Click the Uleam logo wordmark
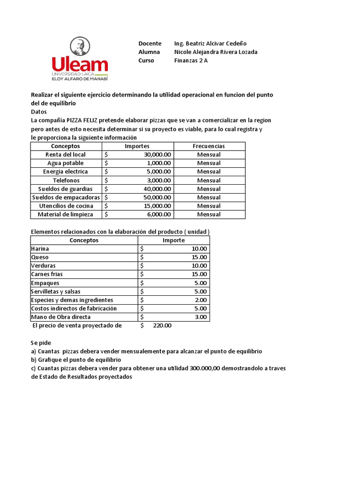(80, 64)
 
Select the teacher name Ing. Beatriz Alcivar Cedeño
(210, 43)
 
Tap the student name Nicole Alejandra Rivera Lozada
(216, 52)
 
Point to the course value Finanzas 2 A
(191, 60)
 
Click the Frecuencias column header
(209, 146)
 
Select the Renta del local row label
(66, 155)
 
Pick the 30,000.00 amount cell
(157, 155)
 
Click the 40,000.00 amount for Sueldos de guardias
(157, 189)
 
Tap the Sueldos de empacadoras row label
(66, 197)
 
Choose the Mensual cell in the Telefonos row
(209, 180)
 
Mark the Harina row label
(40, 249)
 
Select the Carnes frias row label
(47, 274)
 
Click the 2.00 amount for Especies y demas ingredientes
(201, 300)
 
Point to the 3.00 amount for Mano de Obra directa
(201, 317)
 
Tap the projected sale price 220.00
(162, 326)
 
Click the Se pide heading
(41, 343)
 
